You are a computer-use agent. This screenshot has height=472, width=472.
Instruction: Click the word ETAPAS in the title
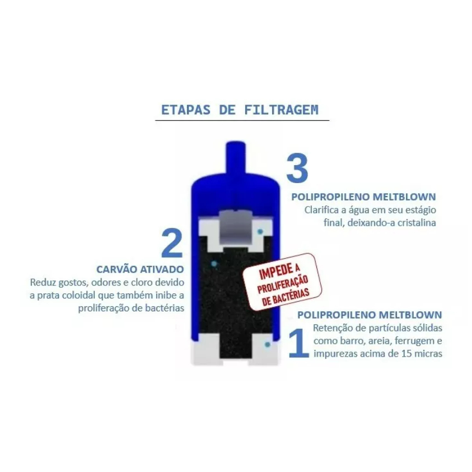(186, 110)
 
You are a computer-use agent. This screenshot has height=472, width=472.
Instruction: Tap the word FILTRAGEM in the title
(281, 110)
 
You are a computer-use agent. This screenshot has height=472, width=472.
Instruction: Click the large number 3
(297, 168)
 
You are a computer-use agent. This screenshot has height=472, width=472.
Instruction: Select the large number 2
(172, 244)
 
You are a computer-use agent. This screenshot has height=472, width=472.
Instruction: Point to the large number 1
(298, 343)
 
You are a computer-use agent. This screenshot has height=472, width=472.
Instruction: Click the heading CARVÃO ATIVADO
(140, 269)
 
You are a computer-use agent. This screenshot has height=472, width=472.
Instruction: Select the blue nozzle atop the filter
(236, 158)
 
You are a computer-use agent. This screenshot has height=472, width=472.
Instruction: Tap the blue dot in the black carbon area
(214, 264)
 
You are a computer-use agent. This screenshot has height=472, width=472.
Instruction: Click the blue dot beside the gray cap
(260, 231)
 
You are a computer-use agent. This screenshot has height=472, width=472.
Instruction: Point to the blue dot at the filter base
(267, 344)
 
